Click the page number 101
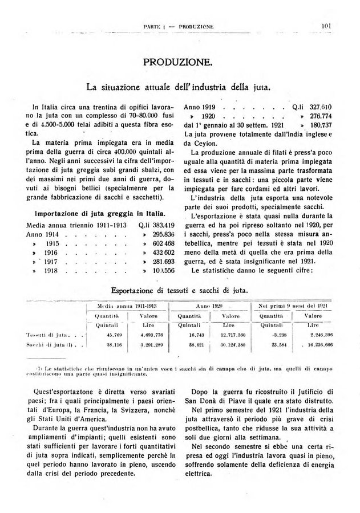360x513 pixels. (327, 25)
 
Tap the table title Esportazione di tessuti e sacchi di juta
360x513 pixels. (180, 290)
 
